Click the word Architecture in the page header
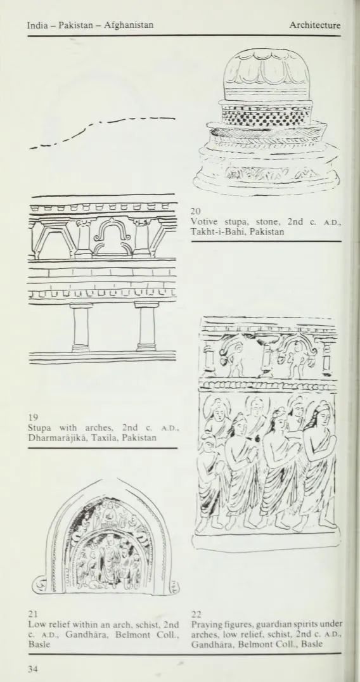click(x=315, y=25)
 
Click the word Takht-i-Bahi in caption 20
click(x=211, y=232)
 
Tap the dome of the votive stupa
click(x=266, y=74)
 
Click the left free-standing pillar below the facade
click(x=81, y=327)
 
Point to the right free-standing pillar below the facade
click(x=146, y=327)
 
